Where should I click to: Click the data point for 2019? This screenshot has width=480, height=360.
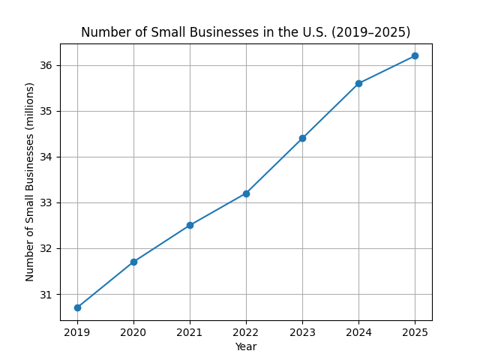pyautogui.click(x=77, y=307)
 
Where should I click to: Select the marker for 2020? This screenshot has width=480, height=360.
pyautogui.click(x=133, y=262)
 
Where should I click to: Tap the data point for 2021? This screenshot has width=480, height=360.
pyautogui.click(x=190, y=225)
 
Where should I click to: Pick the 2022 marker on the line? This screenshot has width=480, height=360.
pyautogui.click(x=246, y=193)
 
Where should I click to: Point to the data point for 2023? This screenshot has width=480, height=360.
pyautogui.click(x=302, y=138)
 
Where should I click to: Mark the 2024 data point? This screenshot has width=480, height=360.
pyautogui.click(x=358, y=83)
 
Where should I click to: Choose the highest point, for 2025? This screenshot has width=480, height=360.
pyautogui.click(x=415, y=55)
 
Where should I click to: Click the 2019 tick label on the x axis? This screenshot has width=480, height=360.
pyautogui.click(x=77, y=332)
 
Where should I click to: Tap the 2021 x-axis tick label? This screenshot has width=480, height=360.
pyautogui.click(x=190, y=332)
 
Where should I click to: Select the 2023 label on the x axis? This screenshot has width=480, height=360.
pyautogui.click(x=302, y=332)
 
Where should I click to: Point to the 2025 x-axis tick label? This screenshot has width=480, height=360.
pyautogui.click(x=415, y=332)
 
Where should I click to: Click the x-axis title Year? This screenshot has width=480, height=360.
pyautogui.click(x=246, y=346)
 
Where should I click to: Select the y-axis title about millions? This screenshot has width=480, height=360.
pyautogui.click(x=30, y=181)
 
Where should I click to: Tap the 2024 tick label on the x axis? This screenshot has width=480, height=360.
pyautogui.click(x=358, y=332)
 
